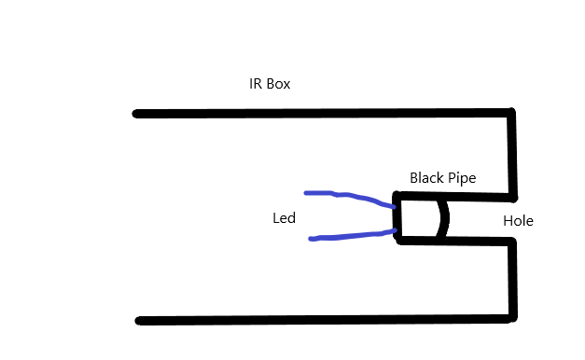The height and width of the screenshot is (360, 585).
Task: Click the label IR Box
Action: tap(270, 84)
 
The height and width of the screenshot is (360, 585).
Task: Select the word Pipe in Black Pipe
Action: tap(462, 178)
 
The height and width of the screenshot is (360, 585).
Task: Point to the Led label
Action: tap(284, 218)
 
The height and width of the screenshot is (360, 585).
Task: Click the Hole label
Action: tap(518, 221)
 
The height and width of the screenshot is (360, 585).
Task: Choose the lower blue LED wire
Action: tap(352, 236)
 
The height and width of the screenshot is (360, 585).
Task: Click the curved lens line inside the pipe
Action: tap(443, 218)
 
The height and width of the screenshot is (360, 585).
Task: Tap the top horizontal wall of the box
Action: tap(324, 113)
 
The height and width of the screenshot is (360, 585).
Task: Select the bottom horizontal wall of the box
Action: tap(326, 320)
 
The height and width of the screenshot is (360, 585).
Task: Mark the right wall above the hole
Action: tap(512, 155)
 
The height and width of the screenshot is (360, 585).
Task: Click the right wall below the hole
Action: tap(513, 279)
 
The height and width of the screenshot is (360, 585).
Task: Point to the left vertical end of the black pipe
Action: tap(397, 217)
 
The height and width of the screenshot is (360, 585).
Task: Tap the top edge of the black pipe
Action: tap(454, 196)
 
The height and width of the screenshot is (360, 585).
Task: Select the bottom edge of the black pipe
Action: tap(456, 241)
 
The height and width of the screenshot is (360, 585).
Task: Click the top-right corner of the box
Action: tap(511, 112)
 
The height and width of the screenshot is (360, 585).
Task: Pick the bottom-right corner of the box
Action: tap(513, 318)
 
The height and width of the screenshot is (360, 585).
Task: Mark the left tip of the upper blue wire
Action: tap(306, 193)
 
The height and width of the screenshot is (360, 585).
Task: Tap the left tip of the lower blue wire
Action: tap(311, 239)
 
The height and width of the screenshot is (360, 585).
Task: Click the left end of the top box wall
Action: tap(136, 114)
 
